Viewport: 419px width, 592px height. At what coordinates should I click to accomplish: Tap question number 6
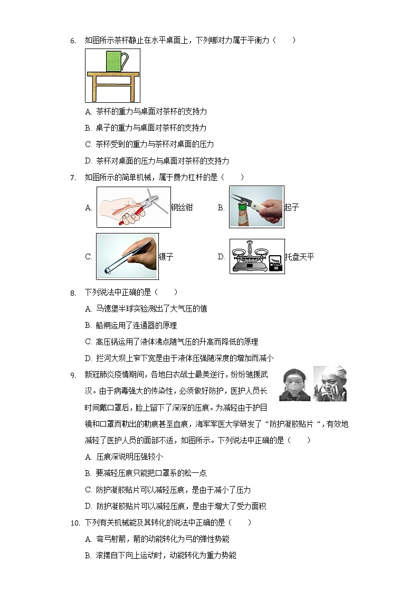(73, 41)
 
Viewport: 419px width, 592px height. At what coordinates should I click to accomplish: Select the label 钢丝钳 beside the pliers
(182, 208)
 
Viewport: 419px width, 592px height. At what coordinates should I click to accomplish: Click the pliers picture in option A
(134, 207)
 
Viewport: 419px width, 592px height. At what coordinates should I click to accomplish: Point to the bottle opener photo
(256, 207)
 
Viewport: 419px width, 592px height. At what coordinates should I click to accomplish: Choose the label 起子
(291, 208)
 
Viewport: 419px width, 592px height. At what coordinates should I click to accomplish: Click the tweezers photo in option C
(127, 256)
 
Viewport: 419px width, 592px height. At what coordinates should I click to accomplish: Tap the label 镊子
(166, 257)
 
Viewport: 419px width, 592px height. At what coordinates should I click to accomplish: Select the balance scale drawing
(257, 256)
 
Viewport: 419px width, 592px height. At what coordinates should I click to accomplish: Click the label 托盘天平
(299, 257)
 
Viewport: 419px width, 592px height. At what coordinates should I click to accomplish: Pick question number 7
(73, 178)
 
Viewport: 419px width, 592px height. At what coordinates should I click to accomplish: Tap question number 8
(73, 292)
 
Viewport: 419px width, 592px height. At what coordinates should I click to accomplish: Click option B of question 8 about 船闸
(131, 325)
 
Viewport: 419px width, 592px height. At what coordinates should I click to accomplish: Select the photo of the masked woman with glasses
(294, 384)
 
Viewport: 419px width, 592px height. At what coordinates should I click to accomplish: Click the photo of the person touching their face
(330, 384)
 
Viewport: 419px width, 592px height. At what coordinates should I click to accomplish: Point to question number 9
(73, 375)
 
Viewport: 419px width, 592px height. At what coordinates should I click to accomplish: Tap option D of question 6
(157, 161)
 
